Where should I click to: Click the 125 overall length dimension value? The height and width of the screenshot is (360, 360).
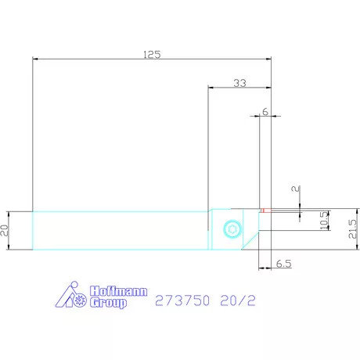tap(152, 54)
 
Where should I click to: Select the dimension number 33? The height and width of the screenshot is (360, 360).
tap(239, 83)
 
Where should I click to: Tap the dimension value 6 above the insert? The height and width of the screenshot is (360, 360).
tap(265, 112)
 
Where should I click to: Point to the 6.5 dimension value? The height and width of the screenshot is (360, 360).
tap(284, 265)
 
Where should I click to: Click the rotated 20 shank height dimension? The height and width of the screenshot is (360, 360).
tap(5, 230)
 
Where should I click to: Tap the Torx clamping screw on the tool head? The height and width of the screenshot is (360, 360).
tap(231, 229)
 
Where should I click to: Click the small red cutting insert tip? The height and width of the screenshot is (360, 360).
tap(265, 210)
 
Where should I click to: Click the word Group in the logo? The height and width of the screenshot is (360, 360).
tap(109, 302)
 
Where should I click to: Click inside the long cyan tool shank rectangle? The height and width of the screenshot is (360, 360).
tap(117, 230)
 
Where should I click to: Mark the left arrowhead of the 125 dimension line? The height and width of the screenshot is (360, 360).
tap(35, 60)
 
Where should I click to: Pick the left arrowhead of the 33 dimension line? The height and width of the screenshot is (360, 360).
tap(211, 89)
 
